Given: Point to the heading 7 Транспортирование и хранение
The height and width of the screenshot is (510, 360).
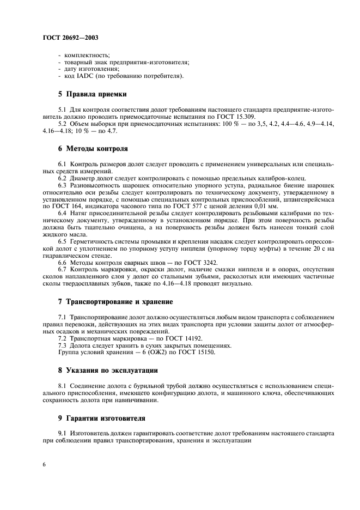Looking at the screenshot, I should coord(115,301).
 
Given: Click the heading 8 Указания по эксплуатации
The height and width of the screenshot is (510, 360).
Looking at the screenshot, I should coord(108,371).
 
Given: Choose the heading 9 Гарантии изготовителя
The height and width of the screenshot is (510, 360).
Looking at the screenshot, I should coord(102,419).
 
